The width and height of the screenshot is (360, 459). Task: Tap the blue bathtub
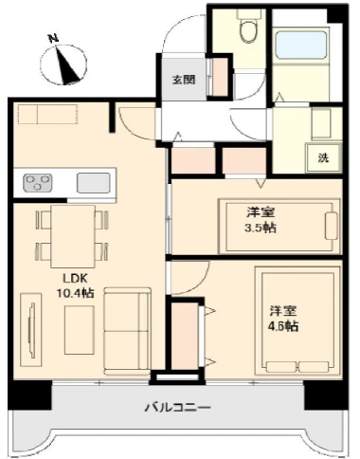[300, 45]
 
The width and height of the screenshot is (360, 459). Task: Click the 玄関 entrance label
[184, 80]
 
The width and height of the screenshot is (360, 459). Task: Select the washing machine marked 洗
[323, 157]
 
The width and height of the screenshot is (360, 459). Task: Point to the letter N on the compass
[54, 39]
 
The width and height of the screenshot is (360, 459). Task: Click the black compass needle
[67, 65]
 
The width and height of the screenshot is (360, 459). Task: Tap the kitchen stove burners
[38, 183]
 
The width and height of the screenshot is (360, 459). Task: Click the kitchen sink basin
[94, 183]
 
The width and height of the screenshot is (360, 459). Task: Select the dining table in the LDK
[73, 236]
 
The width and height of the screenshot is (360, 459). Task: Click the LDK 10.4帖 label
[75, 285]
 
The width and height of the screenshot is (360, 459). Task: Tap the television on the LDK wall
[31, 330]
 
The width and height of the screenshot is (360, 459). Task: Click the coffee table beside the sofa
[80, 330]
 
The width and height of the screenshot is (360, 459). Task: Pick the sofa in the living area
[127, 331]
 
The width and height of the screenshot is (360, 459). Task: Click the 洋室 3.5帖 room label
[261, 220]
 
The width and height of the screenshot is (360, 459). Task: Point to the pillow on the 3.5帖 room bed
[331, 226]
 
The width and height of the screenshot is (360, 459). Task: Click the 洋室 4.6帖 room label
[283, 319]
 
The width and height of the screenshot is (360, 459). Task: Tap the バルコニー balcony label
[177, 407]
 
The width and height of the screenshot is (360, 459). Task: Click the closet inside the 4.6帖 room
[185, 336]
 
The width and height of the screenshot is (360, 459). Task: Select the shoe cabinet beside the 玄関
[220, 77]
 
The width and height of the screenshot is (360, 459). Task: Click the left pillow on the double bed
[281, 367]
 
